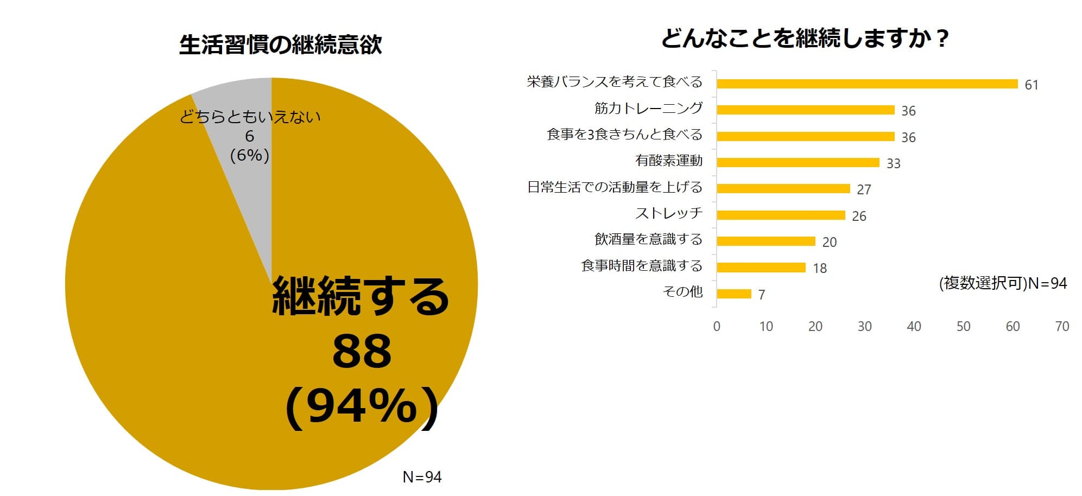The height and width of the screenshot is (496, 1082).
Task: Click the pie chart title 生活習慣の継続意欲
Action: pyautogui.click(x=280, y=44)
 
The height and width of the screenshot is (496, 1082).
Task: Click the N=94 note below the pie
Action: pyautogui.click(x=422, y=477)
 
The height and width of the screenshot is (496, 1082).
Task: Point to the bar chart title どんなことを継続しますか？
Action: pyautogui.click(x=805, y=39)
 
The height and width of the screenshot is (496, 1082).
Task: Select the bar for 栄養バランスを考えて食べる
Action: pyautogui.click(x=867, y=84)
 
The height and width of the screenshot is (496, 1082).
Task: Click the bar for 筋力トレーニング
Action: pyautogui.click(x=805, y=110)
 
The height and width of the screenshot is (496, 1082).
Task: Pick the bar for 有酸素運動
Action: pyautogui.click(x=798, y=162)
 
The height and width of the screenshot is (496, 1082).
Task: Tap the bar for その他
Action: pyautogui.click(x=734, y=294)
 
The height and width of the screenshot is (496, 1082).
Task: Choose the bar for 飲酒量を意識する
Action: pyautogui.click(x=765, y=241)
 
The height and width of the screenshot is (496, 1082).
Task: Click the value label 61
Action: pyautogui.click(x=1031, y=85)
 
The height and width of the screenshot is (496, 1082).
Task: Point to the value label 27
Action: pyautogui.click(x=864, y=189)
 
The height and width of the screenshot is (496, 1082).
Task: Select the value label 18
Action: pyautogui.click(x=820, y=268)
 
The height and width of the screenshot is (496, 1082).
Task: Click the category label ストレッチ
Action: pyautogui.click(x=669, y=213)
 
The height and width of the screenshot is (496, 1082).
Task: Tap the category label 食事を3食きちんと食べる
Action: pyautogui.click(x=624, y=134)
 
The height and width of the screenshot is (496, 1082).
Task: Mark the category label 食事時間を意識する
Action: pyautogui.click(x=642, y=265)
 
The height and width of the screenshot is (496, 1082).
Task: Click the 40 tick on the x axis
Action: pyautogui.click(x=914, y=326)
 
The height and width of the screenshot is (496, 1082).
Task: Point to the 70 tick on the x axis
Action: pyautogui.click(x=1062, y=326)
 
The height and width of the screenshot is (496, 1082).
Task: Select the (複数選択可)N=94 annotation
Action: pyautogui.click(x=1003, y=283)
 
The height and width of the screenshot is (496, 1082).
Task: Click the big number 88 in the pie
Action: pyautogui.click(x=362, y=351)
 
